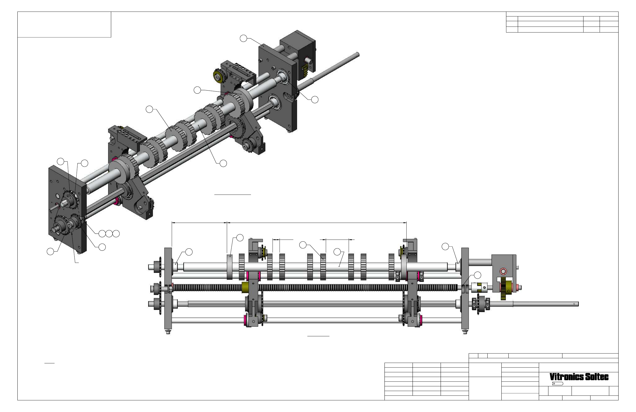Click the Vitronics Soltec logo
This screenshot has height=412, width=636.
coord(579,377)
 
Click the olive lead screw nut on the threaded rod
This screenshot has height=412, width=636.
coord(245,287)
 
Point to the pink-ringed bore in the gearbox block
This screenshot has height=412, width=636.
coord(503,272)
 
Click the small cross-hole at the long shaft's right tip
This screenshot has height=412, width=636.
coord(574,303)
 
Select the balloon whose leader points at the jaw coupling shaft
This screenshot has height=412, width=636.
coord(477,275)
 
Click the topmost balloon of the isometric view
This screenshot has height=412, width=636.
coord(243,38)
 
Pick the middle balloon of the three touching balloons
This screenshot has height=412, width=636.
coord(109,234)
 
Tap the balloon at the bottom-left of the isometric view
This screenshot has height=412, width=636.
coord(50,252)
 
